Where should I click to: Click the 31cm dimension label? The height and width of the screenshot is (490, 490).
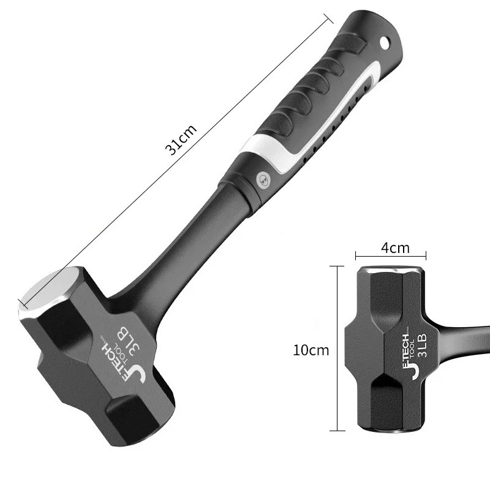tap(181, 140)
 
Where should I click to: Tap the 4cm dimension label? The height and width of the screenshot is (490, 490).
tap(395, 248)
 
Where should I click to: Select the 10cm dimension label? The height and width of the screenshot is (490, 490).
tap(311, 350)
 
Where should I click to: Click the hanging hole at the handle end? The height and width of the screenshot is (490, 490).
tap(385, 42)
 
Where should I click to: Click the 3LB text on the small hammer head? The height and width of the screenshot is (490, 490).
tap(424, 345)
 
